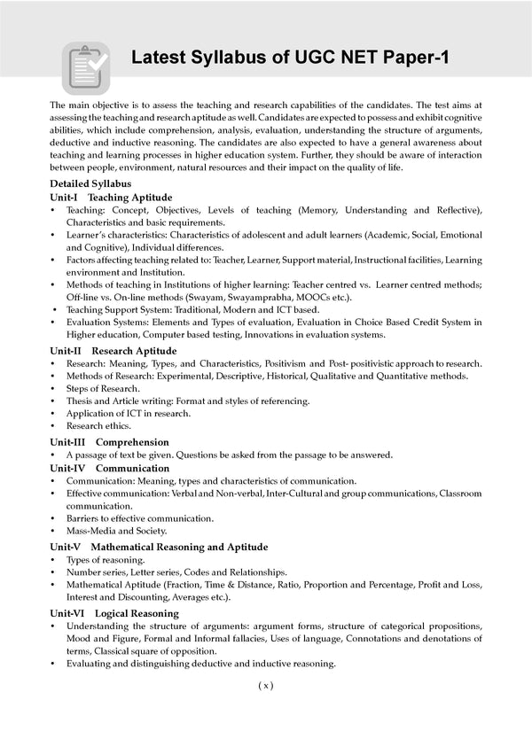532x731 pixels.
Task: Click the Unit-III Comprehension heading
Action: point(109,441)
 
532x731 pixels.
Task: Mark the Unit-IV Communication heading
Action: point(109,468)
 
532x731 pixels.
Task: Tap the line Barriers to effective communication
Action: point(139,517)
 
